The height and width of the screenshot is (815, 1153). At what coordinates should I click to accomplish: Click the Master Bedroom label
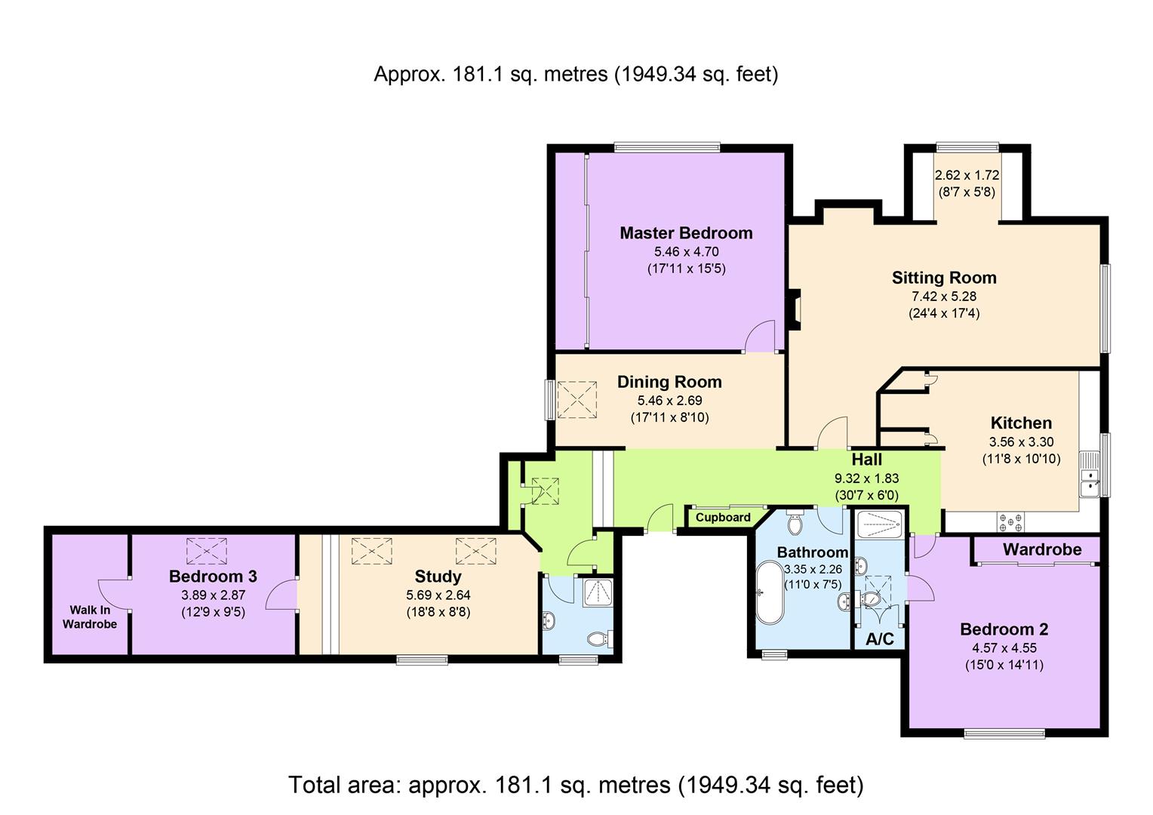pos(686,233)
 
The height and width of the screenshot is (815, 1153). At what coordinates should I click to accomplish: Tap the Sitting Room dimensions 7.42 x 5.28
pos(943,297)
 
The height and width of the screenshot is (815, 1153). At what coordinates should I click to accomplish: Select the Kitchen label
pos(1021,423)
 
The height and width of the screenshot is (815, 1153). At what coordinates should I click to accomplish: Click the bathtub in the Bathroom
pos(770,592)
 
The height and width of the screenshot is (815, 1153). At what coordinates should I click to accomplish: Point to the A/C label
pos(880,639)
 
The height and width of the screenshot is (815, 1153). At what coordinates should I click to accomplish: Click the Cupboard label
pos(723,518)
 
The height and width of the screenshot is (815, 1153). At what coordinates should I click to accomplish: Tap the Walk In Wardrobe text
pos(90,617)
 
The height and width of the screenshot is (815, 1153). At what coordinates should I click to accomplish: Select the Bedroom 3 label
pos(213,577)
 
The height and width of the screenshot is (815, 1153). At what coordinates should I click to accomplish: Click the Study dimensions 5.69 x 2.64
pos(438,595)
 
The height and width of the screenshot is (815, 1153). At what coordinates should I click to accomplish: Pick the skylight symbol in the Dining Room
pos(576,400)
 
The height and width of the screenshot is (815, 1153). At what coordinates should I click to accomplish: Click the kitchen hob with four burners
pos(1012,521)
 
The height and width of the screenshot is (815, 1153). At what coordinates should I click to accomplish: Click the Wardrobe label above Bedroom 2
pos(1041,549)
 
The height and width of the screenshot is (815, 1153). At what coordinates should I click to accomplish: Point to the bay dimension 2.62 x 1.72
pos(967,175)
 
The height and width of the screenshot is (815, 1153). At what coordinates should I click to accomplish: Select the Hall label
pos(866,460)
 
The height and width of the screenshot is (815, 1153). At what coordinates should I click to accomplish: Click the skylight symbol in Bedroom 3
pos(206,551)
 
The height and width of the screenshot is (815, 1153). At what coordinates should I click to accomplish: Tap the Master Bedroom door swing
pos(759,337)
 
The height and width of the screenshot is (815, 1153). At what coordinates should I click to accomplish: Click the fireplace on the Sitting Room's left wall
pos(794,310)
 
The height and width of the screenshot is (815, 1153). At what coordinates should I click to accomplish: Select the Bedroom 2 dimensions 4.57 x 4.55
pos(1004,647)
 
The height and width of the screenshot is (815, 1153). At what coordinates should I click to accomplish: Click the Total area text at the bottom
pos(576,785)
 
